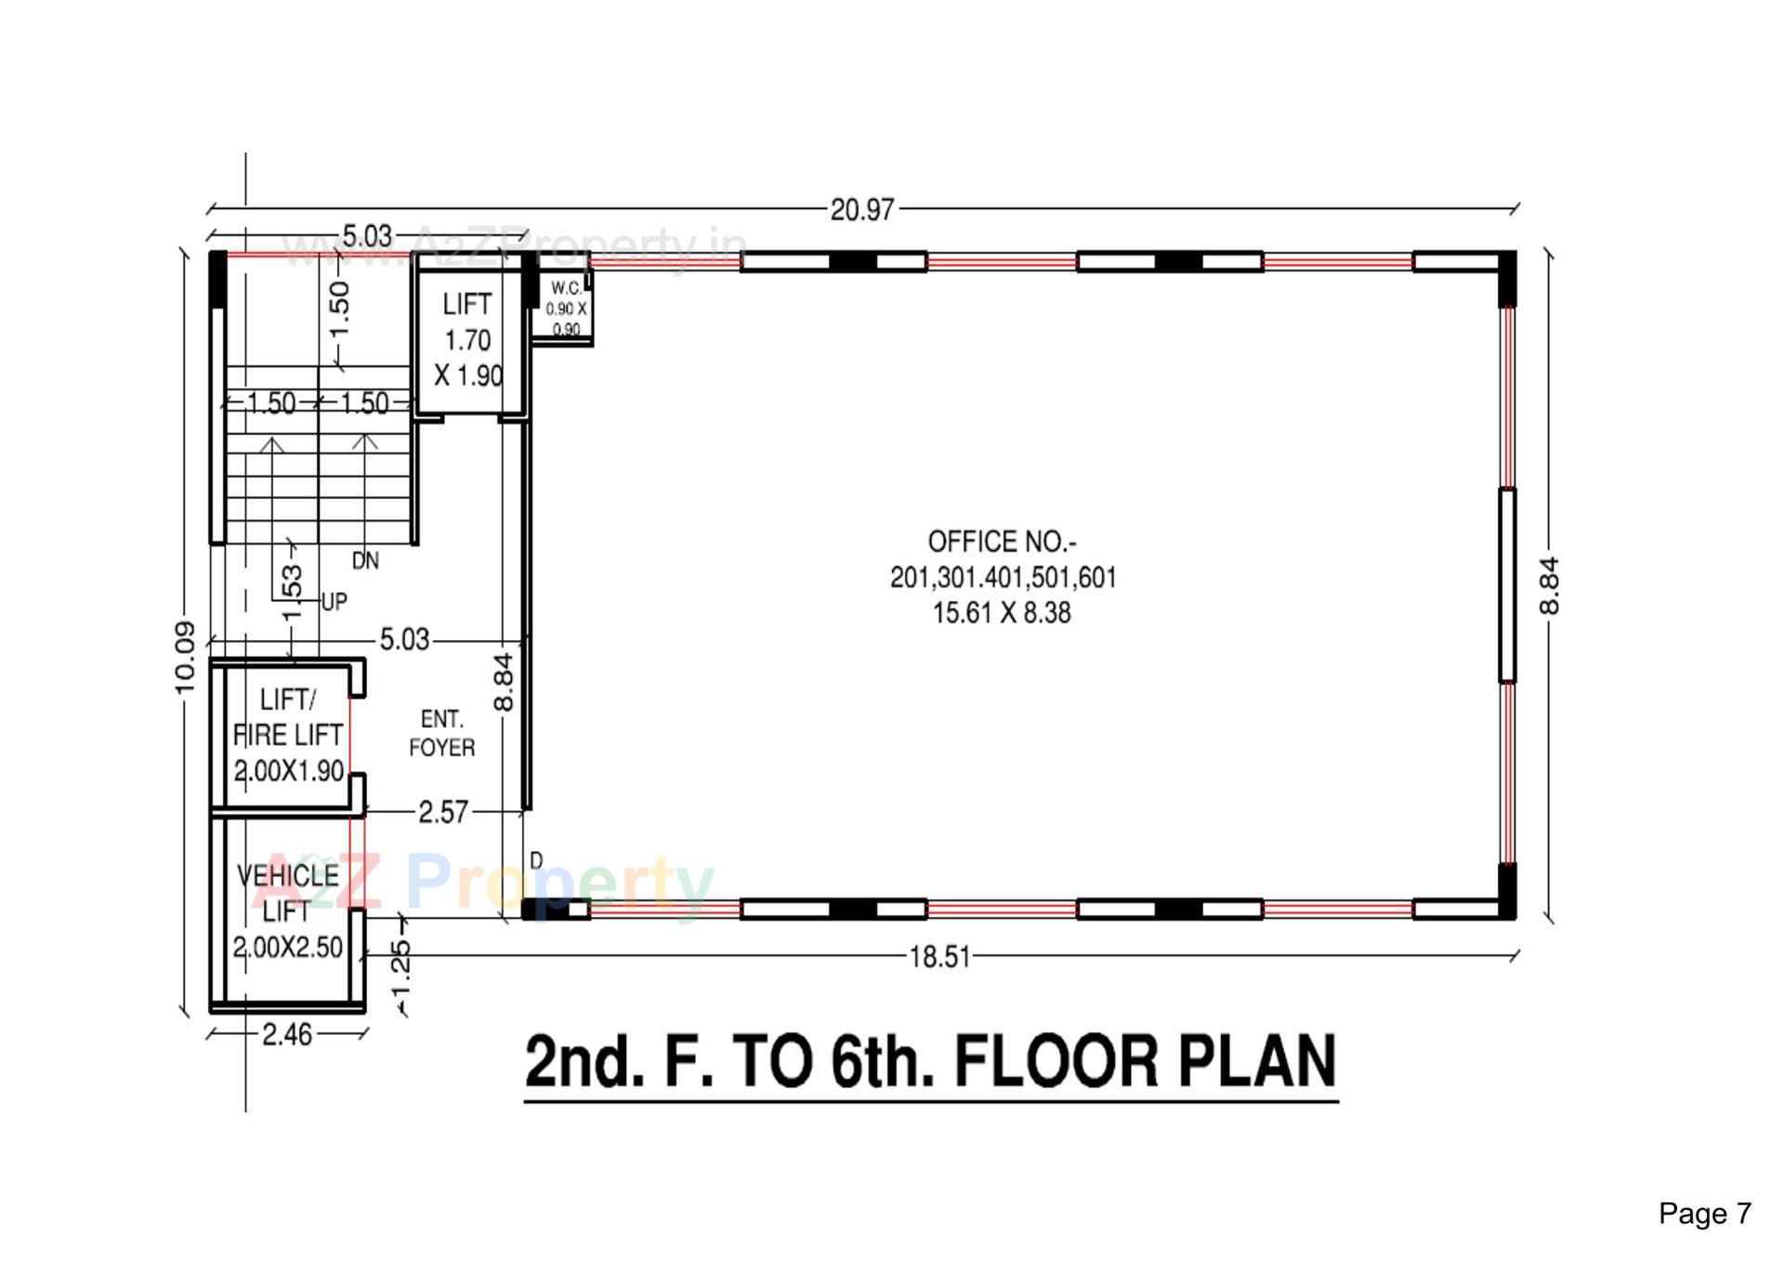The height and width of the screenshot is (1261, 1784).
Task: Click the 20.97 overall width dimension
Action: click(x=861, y=210)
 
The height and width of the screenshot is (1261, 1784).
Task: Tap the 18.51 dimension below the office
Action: click(x=939, y=957)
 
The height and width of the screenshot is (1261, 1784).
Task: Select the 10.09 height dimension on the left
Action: click(x=185, y=658)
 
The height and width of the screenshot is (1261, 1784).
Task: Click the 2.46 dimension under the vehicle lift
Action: click(x=287, y=1034)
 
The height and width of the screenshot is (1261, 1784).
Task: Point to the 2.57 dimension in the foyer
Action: click(x=443, y=812)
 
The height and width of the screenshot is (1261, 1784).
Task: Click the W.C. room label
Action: click(x=566, y=289)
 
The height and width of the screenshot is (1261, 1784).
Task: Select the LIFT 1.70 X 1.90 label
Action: click(x=467, y=340)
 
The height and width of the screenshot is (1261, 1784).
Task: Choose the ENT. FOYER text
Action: click(x=441, y=733)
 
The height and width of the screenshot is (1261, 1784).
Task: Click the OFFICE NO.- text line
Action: click(x=1002, y=542)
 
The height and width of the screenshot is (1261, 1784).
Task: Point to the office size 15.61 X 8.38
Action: click(x=1002, y=613)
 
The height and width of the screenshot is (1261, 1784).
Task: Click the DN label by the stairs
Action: click(x=365, y=561)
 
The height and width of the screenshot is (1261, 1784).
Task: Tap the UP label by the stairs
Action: click(x=334, y=602)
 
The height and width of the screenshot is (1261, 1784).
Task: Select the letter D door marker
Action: click(x=536, y=861)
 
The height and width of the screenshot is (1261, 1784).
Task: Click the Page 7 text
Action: click(x=1704, y=1214)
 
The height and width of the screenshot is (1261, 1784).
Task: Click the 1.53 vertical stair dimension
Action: click(x=292, y=593)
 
